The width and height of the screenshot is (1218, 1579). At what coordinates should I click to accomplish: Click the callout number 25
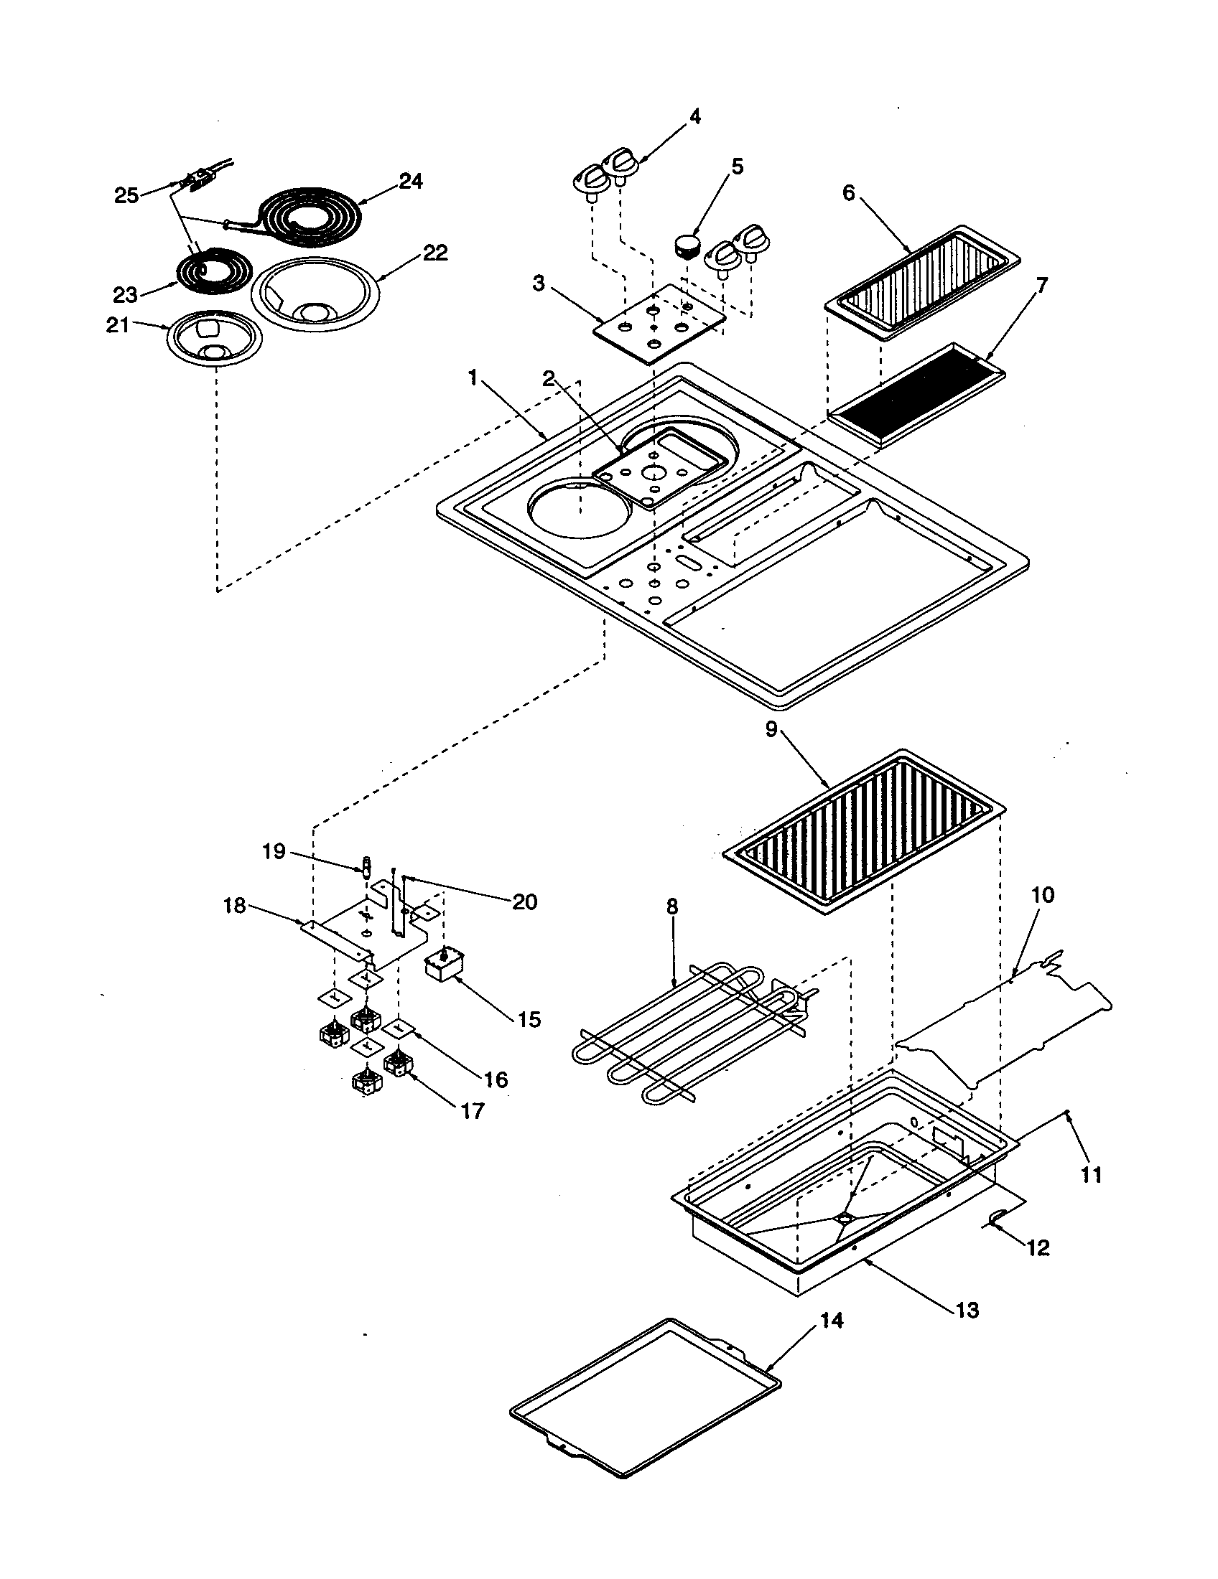point(126,196)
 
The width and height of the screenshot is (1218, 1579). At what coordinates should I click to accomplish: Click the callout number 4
point(694,116)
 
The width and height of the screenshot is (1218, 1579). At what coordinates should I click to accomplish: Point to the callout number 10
point(1042,895)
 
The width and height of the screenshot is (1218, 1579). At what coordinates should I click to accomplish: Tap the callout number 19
point(274,852)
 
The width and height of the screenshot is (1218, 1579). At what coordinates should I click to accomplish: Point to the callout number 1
point(473,378)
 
